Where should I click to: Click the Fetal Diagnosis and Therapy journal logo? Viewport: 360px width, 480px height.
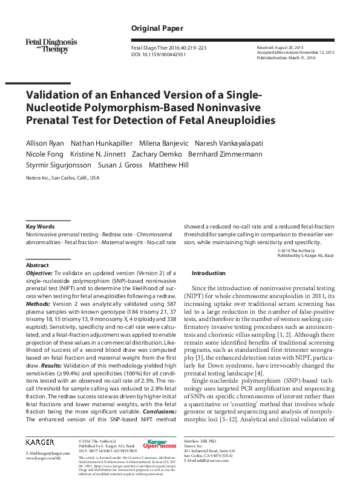tap(51, 45)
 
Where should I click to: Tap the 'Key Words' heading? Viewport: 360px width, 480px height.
tap(40, 225)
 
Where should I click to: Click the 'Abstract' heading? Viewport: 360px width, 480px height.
tap(37, 265)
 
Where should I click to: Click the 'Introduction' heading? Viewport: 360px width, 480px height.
tap(208, 273)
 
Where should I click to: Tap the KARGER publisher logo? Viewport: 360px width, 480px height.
tap(40, 443)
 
